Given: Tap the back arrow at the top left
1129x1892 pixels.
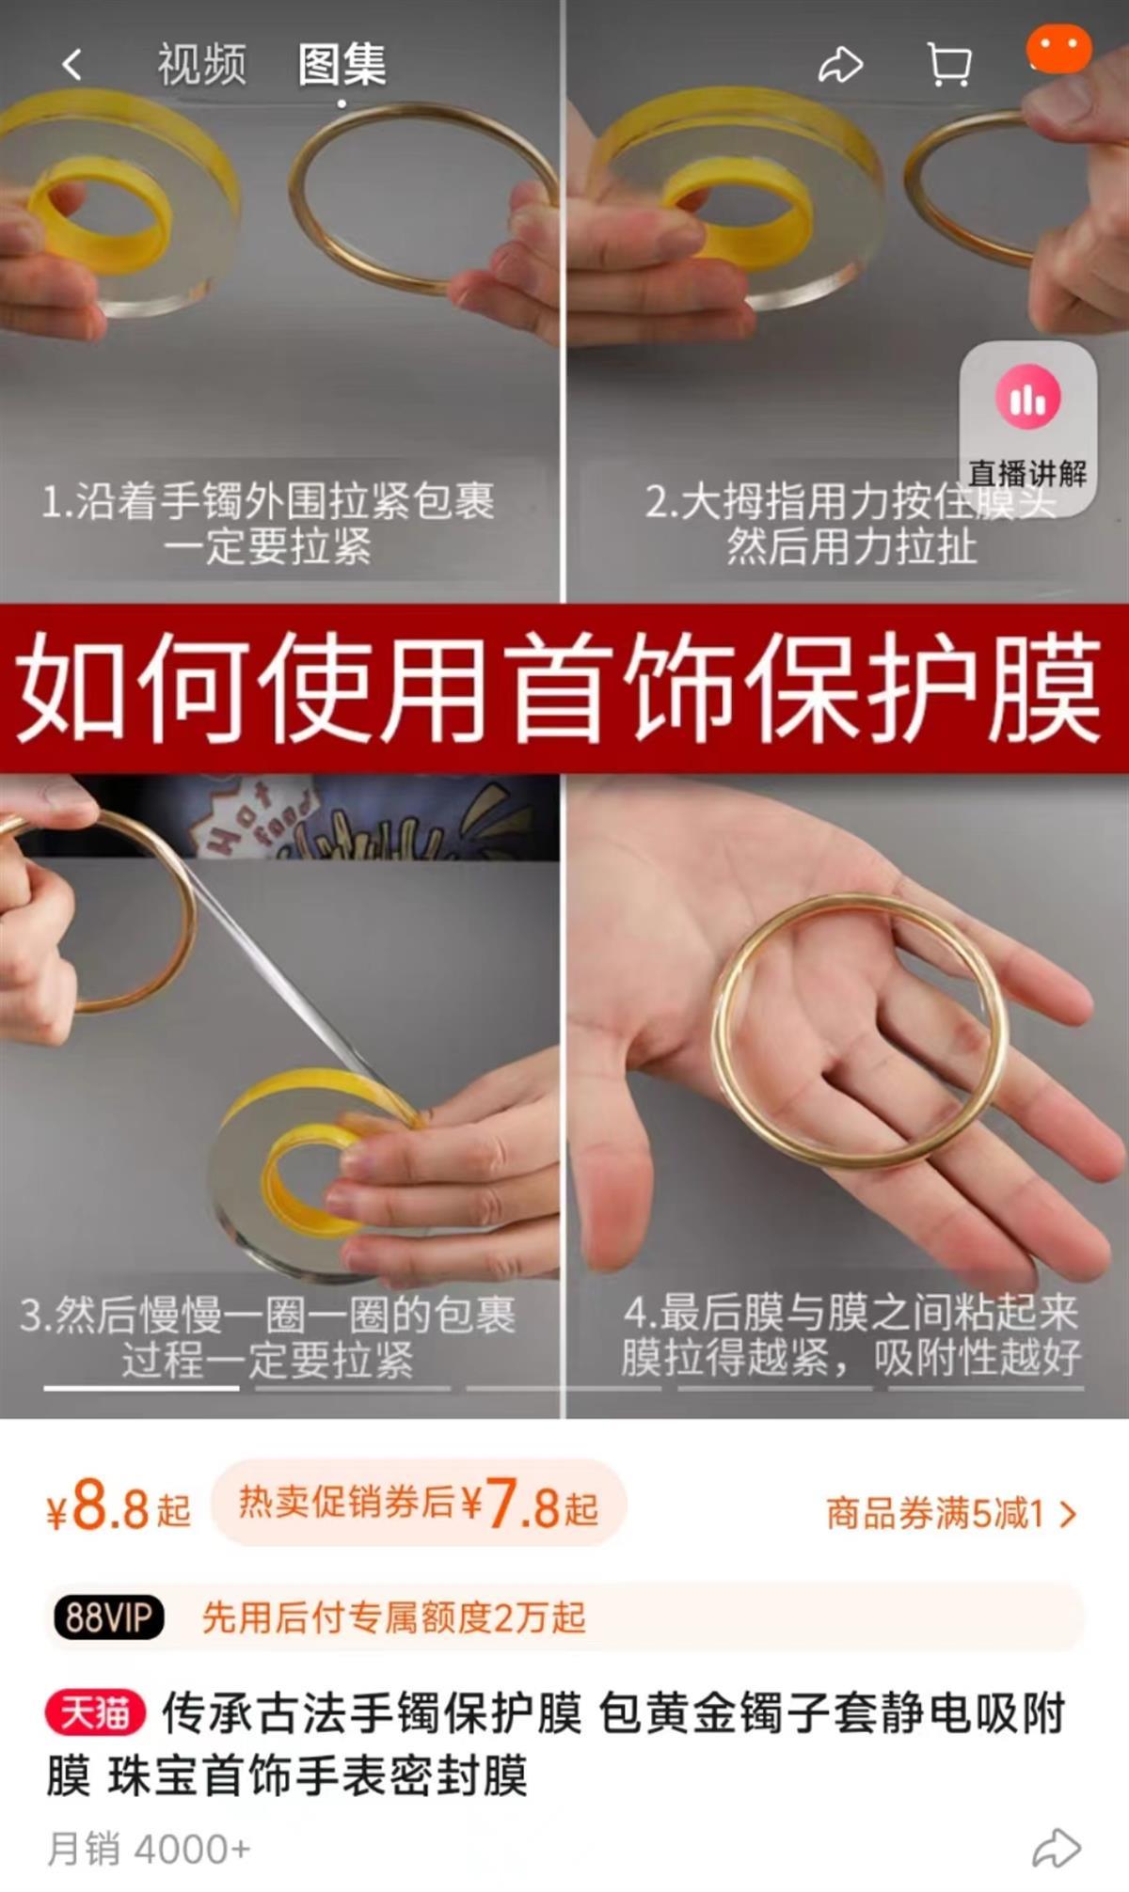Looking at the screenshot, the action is (x=72, y=65).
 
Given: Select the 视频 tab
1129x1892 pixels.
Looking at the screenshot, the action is (x=201, y=65).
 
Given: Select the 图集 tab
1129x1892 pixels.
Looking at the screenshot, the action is (x=342, y=65).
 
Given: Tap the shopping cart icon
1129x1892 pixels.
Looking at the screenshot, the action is (x=948, y=65).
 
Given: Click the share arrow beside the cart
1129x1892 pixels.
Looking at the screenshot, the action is (x=840, y=65).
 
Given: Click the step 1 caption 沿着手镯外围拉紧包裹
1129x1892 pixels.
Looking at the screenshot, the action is (x=268, y=500).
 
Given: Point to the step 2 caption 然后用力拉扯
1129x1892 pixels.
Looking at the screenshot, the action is (x=851, y=546).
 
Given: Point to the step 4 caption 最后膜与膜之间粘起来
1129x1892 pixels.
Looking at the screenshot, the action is (x=851, y=1312).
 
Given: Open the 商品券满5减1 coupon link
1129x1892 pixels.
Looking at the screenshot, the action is (x=951, y=1513).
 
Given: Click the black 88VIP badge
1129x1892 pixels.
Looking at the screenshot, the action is (x=109, y=1617).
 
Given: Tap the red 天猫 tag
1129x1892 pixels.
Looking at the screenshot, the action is (x=94, y=1713).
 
